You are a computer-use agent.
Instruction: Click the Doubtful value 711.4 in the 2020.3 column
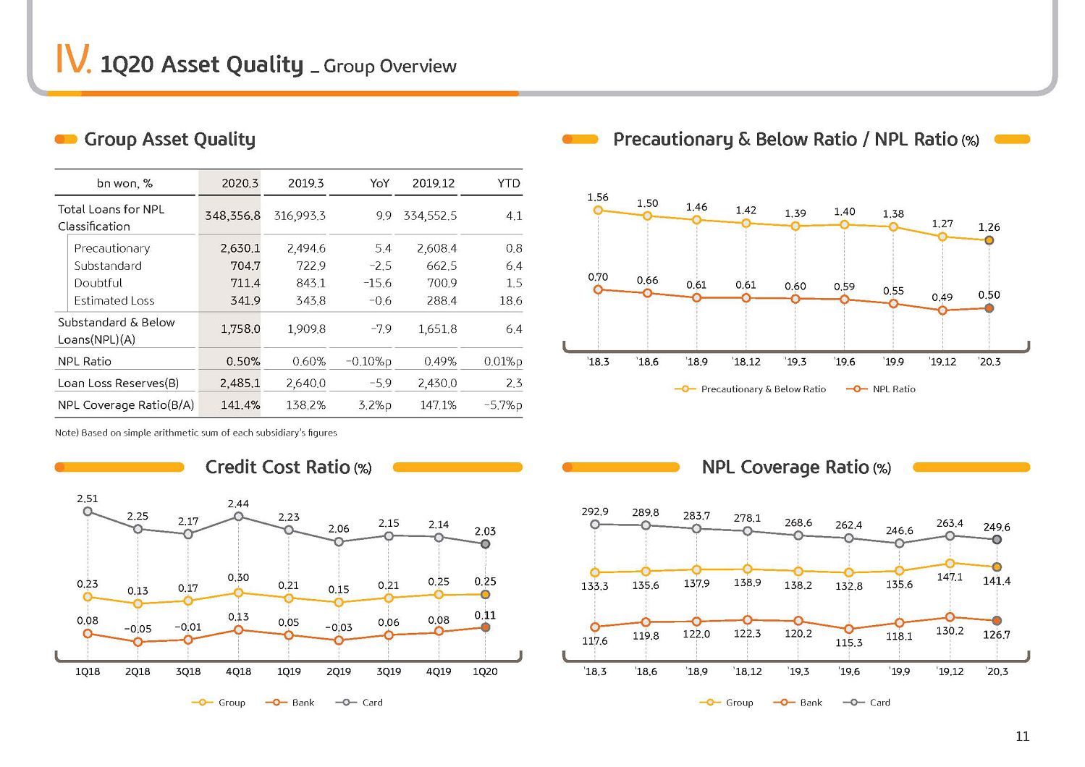(245, 283)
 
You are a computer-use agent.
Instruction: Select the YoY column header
(380, 183)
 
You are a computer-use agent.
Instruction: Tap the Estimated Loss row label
(114, 301)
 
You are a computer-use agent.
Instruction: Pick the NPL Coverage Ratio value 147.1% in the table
(438, 404)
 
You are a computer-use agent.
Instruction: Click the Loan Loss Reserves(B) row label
(118, 383)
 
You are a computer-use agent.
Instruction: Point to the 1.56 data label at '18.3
(598, 197)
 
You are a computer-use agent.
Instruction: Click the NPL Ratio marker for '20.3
(989, 308)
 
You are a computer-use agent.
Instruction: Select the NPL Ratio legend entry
(881, 389)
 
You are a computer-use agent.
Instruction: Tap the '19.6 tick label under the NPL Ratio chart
(844, 362)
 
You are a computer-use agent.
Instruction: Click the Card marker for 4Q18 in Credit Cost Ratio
(238, 517)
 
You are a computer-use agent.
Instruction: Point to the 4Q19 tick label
(439, 671)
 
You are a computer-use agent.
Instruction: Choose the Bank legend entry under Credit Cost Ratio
(290, 702)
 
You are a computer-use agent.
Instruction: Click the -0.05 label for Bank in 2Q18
(138, 629)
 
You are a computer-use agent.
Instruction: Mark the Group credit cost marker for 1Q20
(486, 595)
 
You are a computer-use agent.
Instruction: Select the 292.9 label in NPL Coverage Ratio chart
(595, 512)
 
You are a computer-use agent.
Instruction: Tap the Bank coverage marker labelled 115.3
(848, 629)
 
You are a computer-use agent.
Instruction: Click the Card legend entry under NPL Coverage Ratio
(866, 702)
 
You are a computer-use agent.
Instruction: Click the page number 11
(1022, 736)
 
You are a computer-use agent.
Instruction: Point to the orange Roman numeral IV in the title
(73, 59)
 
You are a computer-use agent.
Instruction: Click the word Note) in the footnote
(67, 433)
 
